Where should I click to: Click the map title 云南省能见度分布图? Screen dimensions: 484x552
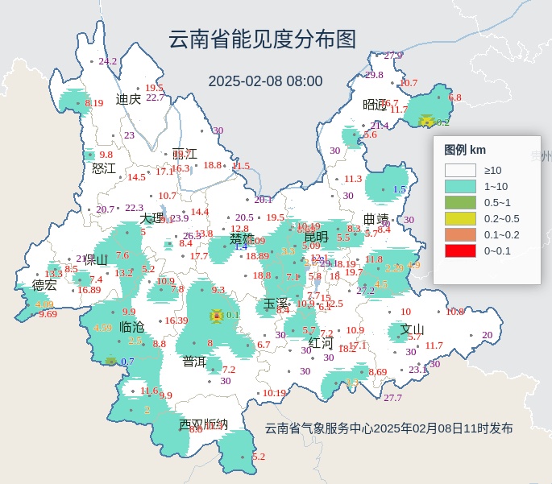click(262, 39)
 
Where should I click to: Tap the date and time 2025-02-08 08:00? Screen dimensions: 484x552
click(265, 81)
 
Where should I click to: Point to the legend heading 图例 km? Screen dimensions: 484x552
click(465, 150)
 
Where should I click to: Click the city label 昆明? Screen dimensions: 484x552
click(316, 237)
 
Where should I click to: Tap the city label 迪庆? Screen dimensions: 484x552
click(128, 99)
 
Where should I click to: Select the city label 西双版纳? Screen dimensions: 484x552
click(203, 424)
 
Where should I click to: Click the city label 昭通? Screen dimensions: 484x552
click(376, 104)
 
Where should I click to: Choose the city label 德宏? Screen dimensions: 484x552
click(45, 285)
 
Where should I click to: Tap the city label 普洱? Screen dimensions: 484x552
click(194, 362)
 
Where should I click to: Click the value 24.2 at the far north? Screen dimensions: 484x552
click(107, 61)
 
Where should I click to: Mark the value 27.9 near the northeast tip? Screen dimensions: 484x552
click(392, 56)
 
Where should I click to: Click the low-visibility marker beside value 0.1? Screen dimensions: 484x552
click(216, 316)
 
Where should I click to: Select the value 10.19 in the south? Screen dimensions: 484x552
click(274, 393)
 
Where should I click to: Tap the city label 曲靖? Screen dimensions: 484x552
click(376, 219)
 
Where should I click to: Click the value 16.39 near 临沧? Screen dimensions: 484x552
click(176, 321)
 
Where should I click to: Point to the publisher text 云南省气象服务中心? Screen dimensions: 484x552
click(319, 428)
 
